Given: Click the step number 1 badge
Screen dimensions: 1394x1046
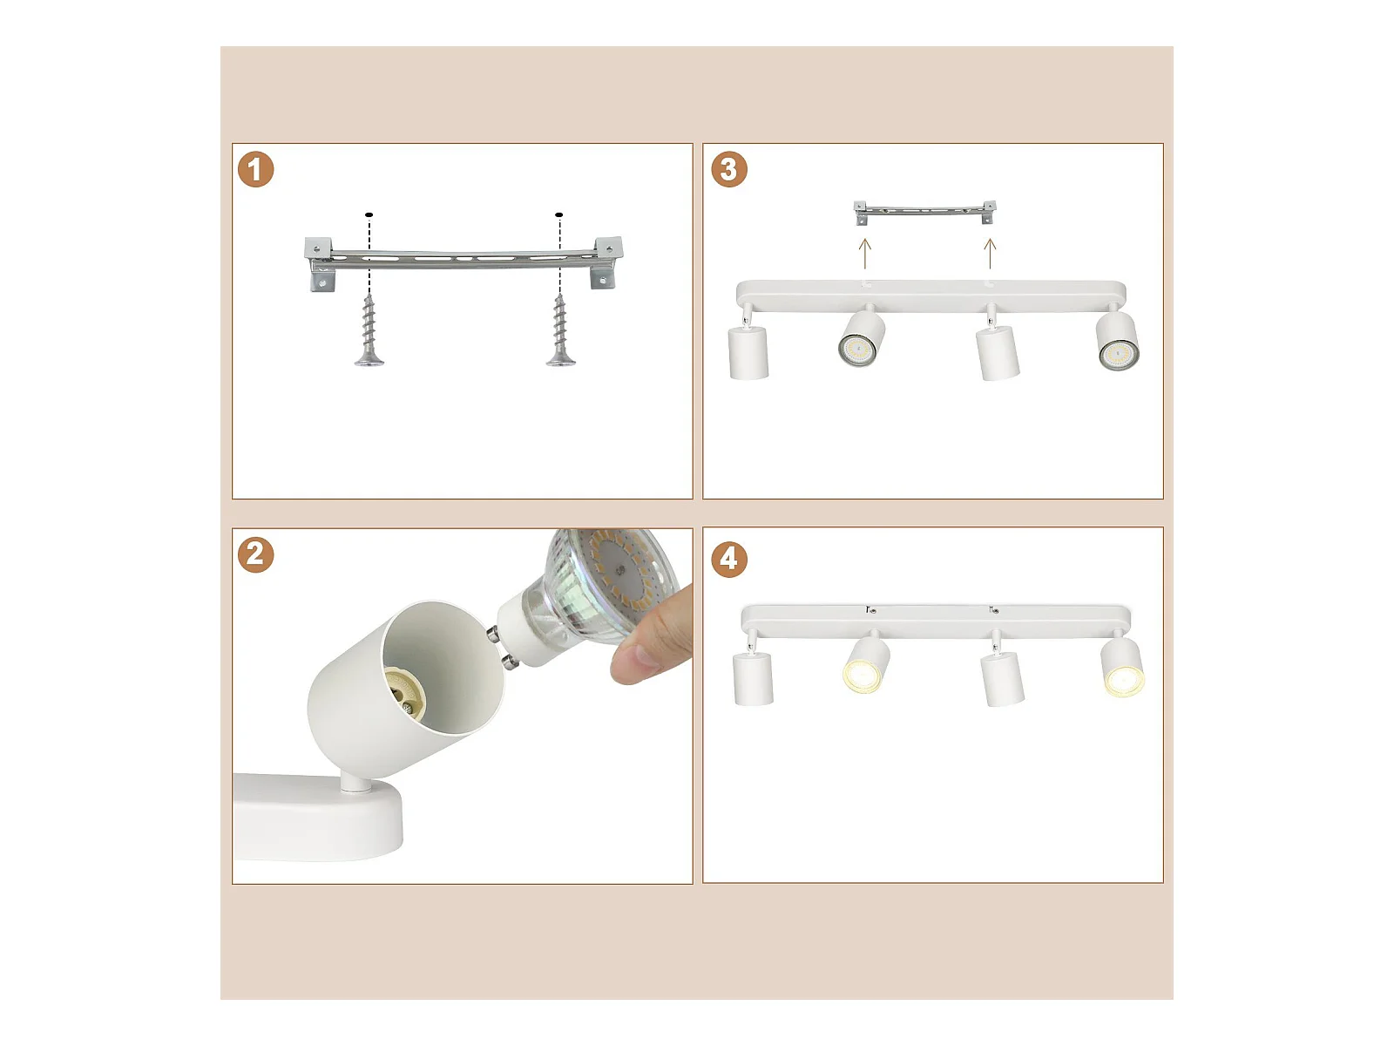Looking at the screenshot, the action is pyautogui.click(x=255, y=170).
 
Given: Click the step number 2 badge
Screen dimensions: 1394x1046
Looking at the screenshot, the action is pyautogui.click(x=255, y=554).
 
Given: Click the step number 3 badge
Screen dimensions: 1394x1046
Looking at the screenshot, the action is pyautogui.click(x=728, y=169).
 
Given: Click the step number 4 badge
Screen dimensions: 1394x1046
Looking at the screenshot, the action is pyautogui.click(x=728, y=559).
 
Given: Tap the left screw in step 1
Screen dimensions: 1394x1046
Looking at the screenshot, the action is pyautogui.click(x=369, y=331).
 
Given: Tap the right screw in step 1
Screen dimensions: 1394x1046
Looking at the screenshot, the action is pyautogui.click(x=560, y=331).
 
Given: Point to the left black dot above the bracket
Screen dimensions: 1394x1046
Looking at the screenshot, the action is pyautogui.click(x=369, y=214).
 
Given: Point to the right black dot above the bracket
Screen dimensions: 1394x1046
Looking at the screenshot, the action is pyautogui.click(x=558, y=214).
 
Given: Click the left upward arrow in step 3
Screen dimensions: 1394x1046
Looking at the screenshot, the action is pyautogui.click(x=864, y=254).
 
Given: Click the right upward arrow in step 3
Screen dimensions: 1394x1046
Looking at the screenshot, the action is pyautogui.click(x=990, y=254).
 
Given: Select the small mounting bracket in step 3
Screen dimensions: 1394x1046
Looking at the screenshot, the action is pyautogui.click(x=924, y=212).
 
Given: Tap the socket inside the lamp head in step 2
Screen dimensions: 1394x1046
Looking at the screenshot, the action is pyautogui.click(x=405, y=696).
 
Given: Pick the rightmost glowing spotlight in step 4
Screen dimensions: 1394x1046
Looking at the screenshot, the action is pyautogui.click(x=1123, y=668).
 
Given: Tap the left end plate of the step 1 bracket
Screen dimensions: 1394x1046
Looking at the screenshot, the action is pyautogui.click(x=320, y=264).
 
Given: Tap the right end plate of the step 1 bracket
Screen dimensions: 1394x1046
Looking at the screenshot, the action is pyautogui.click(x=608, y=262).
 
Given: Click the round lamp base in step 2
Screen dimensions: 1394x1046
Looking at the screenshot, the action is pyautogui.click(x=317, y=818).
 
